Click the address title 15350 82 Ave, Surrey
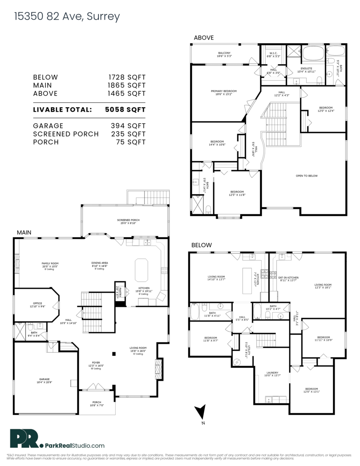click(67, 17)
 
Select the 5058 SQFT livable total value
click(125, 110)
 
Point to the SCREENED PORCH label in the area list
click(66, 134)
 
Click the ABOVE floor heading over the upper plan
click(204, 38)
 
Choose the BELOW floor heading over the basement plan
click(202, 245)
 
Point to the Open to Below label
click(306, 176)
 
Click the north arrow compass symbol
click(200, 412)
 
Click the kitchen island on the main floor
click(141, 270)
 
